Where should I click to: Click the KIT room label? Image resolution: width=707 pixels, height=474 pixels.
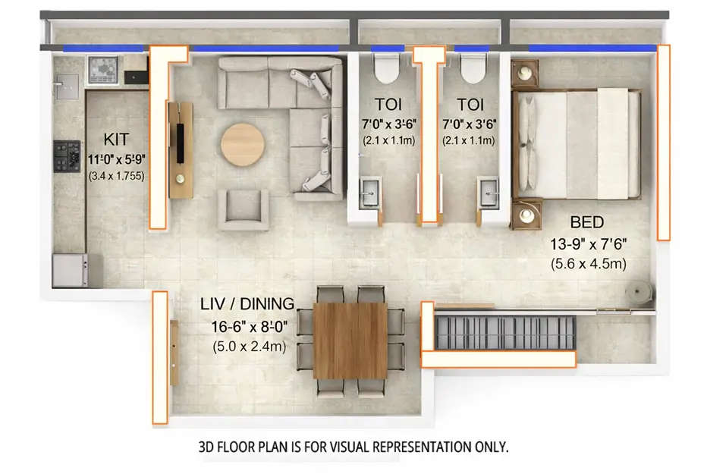(117, 139)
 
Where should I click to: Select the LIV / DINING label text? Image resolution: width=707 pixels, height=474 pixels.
(247, 304)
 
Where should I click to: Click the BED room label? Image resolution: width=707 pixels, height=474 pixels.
(587, 222)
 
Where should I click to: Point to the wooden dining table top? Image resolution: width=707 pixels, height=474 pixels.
(350, 340)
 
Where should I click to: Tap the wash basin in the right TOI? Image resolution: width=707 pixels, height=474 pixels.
(485, 193)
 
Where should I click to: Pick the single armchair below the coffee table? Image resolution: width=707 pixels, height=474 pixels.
(244, 209)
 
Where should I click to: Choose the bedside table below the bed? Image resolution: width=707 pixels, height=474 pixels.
(526, 215)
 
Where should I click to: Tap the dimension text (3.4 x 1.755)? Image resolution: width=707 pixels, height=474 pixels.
(117, 176)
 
